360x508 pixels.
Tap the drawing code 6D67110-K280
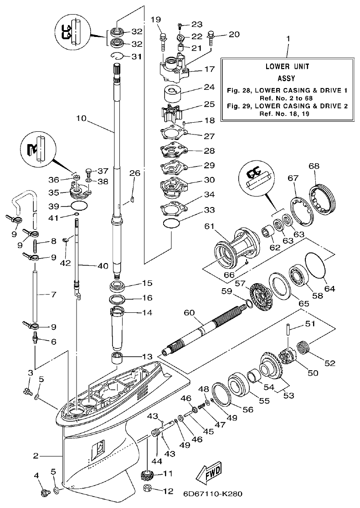tap(213, 494)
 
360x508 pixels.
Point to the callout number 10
tap(81, 118)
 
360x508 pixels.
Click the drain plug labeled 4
tap(45, 492)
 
